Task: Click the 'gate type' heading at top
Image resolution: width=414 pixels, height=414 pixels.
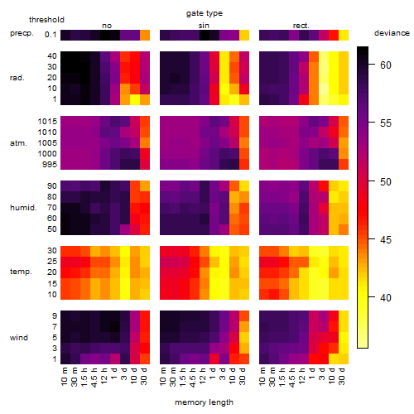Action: coord(205,13)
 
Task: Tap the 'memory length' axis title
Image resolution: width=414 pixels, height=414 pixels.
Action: coord(205,402)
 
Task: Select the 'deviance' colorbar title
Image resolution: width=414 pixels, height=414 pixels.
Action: coord(392,33)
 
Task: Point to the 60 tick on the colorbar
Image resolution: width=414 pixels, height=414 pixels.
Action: coord(372,65)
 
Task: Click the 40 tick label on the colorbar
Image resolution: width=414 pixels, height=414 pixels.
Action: coord(386,298)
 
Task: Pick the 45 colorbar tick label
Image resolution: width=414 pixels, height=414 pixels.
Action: coord(386,239)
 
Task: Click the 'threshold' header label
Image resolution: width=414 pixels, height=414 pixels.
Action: coord(46,20)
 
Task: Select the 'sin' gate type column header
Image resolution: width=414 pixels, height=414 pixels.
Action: coord(204,26)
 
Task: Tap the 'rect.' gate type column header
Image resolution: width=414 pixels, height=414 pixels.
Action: coord(301,26)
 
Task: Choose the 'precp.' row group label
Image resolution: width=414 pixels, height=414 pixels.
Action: coord(22,33)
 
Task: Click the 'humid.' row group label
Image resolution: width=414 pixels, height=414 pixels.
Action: coord(23,208)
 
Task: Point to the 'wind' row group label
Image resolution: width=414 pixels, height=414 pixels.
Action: coord(19,338)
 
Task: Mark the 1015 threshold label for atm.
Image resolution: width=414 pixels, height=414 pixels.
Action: coord(47,122)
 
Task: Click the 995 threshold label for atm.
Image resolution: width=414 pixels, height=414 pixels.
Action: coord(50,165)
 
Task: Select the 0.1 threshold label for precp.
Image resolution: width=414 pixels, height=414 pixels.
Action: coord(51,35)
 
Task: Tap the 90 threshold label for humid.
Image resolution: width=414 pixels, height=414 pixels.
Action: coord(52,186)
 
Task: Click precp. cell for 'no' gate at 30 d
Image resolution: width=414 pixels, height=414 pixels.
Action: coord(145,35)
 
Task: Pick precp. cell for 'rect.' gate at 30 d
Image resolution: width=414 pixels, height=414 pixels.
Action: coord(344,35)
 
